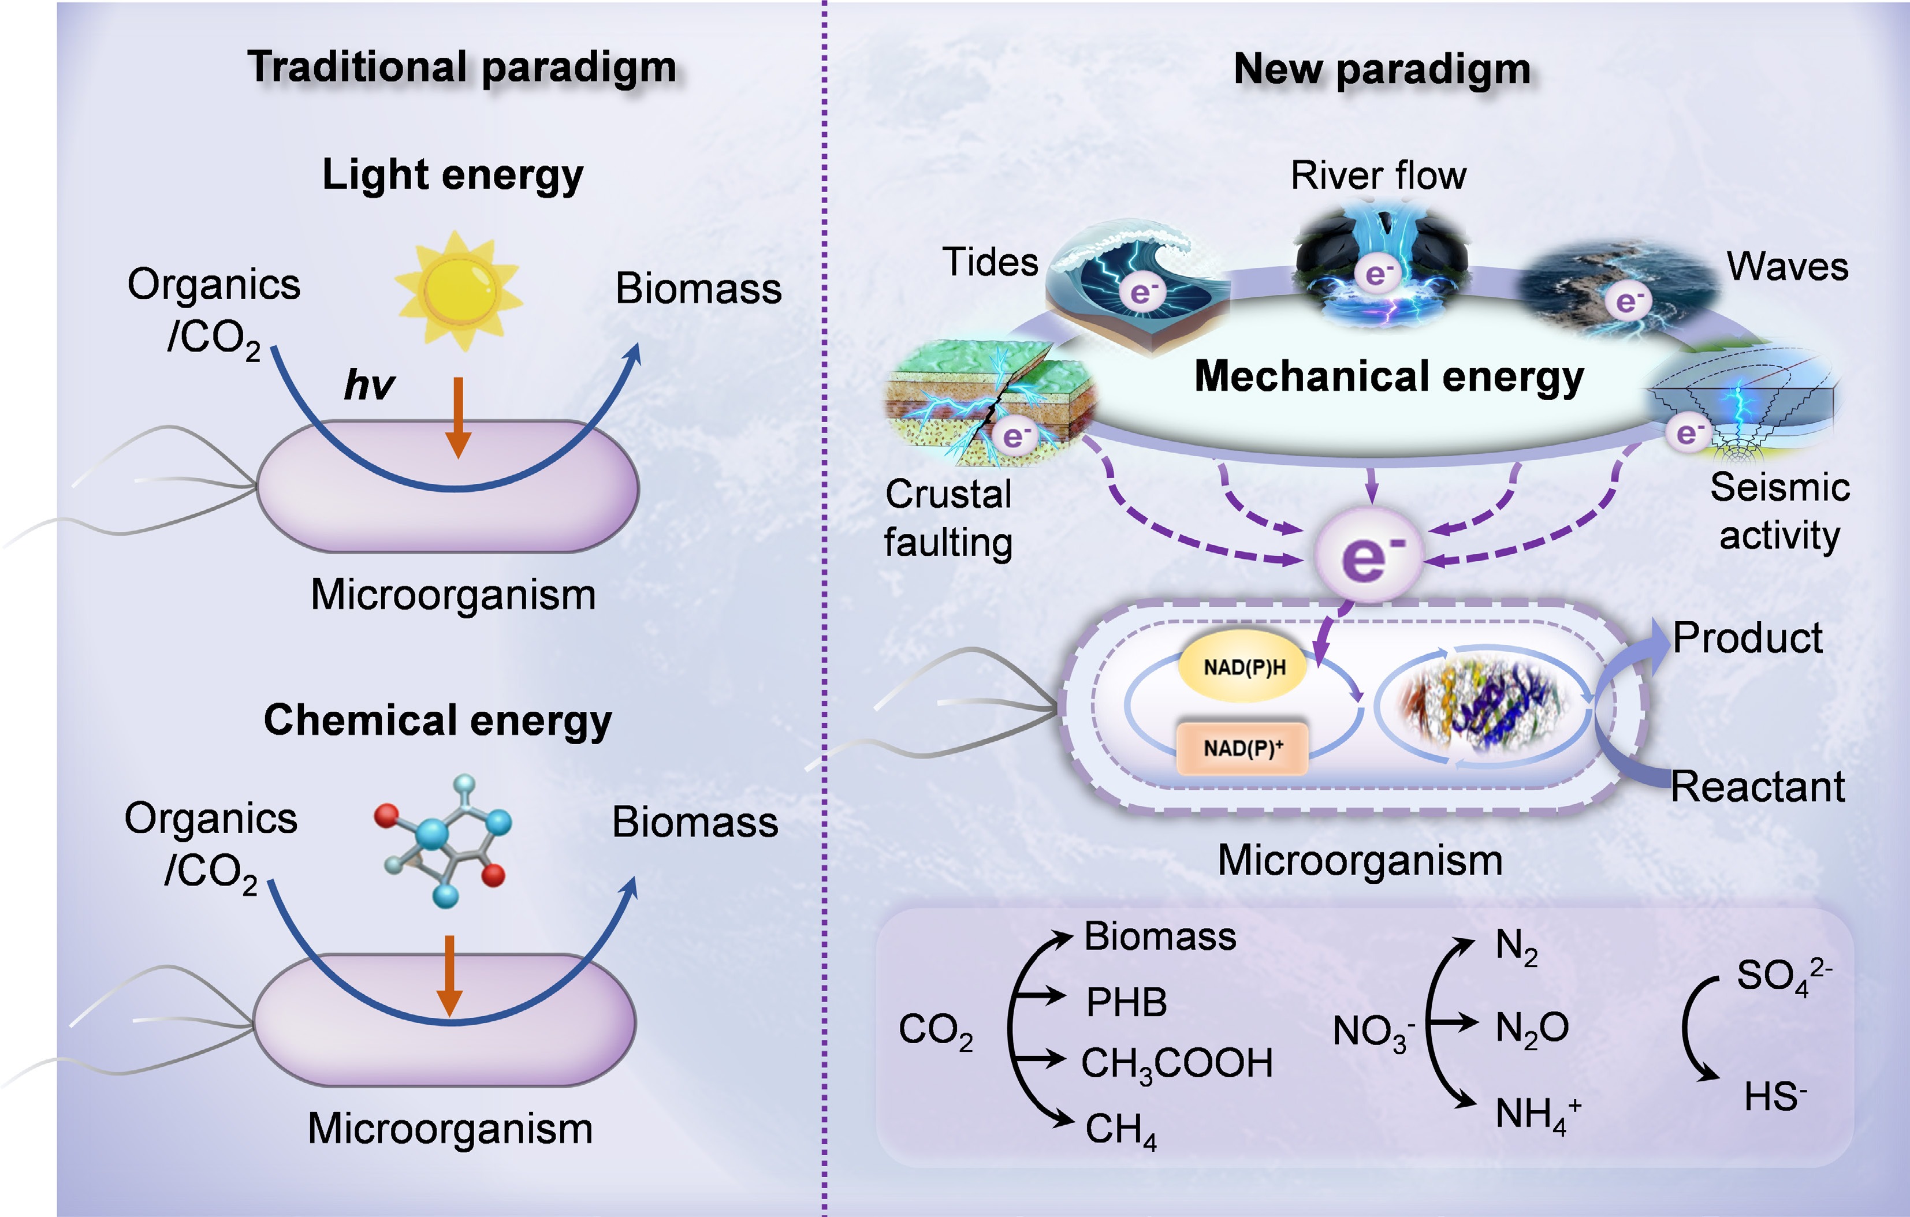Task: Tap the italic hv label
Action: pos(369,385)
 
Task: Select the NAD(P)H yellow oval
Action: pos(1243,667)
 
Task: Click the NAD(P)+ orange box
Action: pos(1242,748)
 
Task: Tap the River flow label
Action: pos(1379,175)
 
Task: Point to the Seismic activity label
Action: pos(1779,512)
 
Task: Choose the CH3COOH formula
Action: pos(1176,1064)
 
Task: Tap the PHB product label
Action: pos(1126,1002)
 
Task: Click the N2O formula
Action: pos(1531,1028)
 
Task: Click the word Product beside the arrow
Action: pos(1747,638)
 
